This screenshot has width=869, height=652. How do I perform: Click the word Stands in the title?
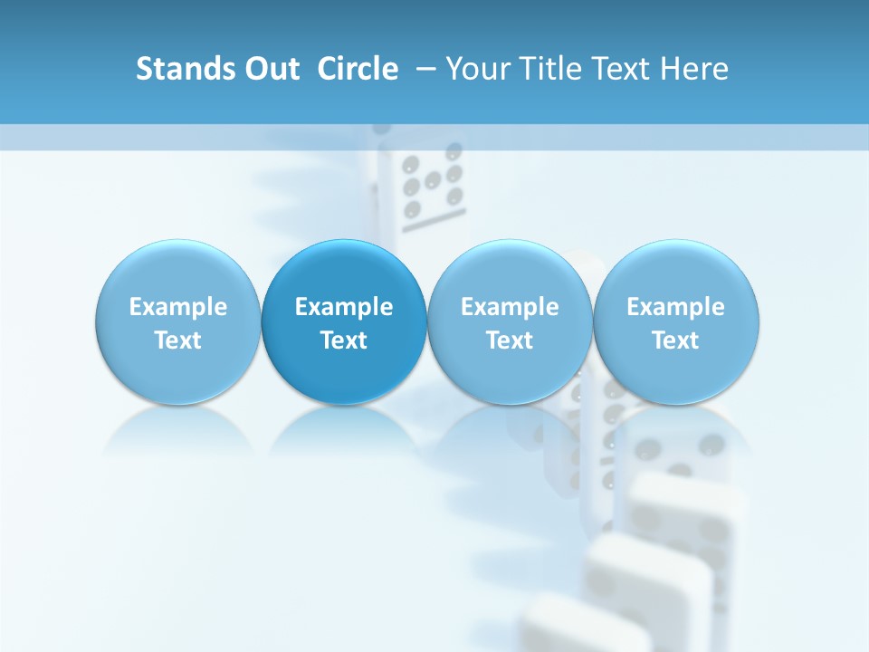[178, 69]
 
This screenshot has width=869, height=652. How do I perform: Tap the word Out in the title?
[269, 69]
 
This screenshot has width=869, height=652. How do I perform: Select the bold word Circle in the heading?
[358, 69]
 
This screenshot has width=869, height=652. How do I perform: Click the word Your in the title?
[477, 69]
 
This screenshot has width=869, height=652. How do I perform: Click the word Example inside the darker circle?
[344, 307]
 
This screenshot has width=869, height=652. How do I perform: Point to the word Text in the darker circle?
[344, 340]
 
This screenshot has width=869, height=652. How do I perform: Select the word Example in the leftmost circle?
[177, 307]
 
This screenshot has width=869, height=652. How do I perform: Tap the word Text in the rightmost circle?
[676, 340]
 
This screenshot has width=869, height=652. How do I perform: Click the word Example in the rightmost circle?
[676, 307]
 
